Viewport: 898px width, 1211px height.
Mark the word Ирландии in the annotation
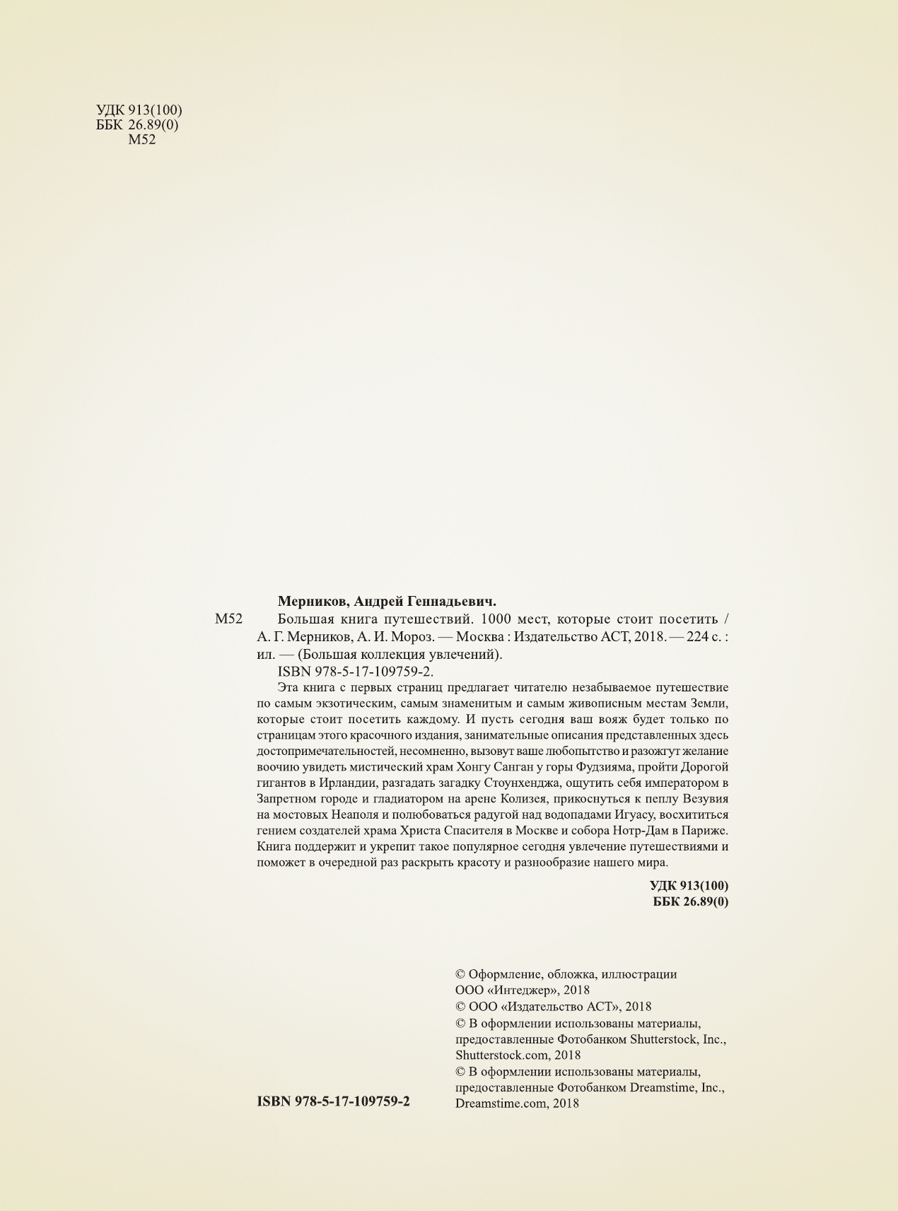click(x=351, y=784)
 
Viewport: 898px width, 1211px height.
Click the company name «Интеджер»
click(x=523, y=990)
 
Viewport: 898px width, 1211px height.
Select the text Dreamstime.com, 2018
click(x=517, y=1104)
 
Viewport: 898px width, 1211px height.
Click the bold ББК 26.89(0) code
click(x=690, y=902)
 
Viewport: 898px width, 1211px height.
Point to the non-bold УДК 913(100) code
click(x=139, y=110)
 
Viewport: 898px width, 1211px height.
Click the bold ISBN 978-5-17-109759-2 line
click(x=334, y=1101)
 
